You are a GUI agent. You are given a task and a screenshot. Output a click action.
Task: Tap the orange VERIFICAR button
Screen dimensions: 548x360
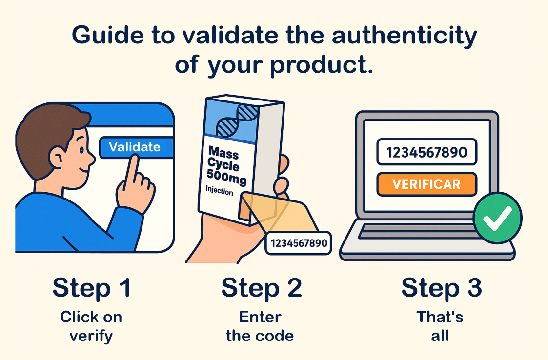426,184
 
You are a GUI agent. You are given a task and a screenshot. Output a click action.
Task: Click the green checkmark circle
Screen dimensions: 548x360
498,218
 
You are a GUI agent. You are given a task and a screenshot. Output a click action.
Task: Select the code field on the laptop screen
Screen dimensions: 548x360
426,152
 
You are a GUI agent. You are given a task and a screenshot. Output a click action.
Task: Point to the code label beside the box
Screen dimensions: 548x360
299,243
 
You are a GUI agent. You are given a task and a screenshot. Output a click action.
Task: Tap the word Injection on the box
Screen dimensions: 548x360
219,190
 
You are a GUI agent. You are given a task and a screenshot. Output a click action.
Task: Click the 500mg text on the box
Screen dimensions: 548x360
226,177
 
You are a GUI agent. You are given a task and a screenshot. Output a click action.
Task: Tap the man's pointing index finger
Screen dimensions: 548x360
132,168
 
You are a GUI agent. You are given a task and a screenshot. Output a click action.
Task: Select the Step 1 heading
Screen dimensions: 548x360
92,288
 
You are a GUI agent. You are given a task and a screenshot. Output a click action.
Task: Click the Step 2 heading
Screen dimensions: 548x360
262,288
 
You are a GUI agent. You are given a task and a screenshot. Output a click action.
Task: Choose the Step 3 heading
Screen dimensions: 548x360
442,288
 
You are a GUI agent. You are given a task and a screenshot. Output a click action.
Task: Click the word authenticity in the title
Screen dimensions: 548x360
405,36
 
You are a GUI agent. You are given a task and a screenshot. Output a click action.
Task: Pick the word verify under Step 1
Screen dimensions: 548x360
91,337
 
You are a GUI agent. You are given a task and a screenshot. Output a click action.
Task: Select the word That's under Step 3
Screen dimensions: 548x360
440,317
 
